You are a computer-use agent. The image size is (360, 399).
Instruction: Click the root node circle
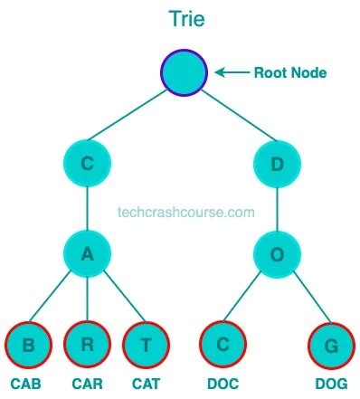coord(185,72)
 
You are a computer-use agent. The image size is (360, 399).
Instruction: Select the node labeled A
coord(88,253)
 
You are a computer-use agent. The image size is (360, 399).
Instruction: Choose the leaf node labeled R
coord(88,344)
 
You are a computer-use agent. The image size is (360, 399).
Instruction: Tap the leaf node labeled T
coord(147,344)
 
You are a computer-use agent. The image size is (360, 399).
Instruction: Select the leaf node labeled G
coord(330,344)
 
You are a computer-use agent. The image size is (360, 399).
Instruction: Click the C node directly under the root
coord(88,164)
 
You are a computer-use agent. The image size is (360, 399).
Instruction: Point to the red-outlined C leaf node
coord(223,344)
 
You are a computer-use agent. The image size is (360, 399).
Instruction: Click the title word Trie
coord(185,18)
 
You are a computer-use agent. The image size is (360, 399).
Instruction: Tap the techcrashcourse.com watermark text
coord(186,214)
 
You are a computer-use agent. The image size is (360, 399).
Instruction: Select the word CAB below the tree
coord(26,384)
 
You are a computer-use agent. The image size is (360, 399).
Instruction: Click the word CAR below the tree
coord(88,384)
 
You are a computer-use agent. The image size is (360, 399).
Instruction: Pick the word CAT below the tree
coord(147,384)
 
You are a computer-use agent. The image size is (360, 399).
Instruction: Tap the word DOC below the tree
coord(223,384)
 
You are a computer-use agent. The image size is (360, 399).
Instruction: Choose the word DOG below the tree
coord(331,384)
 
